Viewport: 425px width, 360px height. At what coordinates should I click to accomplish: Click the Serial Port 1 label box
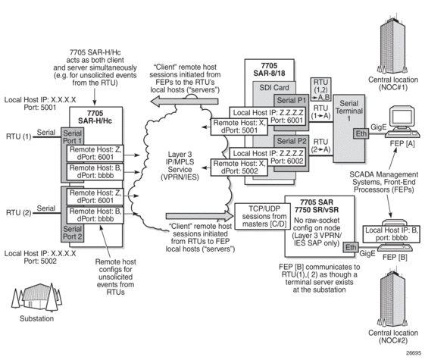[72, 136]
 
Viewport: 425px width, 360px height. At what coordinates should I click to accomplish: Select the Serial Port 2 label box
[72, 233]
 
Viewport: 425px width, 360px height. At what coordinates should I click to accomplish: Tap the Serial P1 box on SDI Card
[292, 101]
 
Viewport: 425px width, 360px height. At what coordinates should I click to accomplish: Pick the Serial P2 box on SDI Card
[292, 141]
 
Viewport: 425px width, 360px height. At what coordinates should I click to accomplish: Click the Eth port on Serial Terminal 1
[361, 134]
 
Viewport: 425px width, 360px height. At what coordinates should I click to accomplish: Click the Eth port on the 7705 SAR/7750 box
[351, 248]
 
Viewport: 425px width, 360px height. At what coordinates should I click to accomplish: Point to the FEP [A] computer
[402, 123]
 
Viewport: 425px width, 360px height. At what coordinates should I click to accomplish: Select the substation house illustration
[37, 297]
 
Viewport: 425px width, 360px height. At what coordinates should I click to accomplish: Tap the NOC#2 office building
[392, 297]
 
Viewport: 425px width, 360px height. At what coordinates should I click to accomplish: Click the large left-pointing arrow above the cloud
[184, 102]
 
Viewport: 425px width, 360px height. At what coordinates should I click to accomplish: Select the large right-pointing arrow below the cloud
[199, 216]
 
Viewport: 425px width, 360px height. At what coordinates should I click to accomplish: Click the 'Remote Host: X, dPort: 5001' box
[239, 127]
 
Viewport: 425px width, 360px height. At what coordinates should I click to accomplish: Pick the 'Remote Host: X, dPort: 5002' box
[239, 167]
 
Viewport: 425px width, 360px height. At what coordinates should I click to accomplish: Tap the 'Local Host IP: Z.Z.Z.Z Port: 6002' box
[267, 157]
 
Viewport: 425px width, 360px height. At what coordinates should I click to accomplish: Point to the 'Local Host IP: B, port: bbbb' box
[392, 234]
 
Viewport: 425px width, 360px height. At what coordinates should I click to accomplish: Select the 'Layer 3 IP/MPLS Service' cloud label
[180, 166]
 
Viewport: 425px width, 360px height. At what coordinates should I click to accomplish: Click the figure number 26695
[414, 353]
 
